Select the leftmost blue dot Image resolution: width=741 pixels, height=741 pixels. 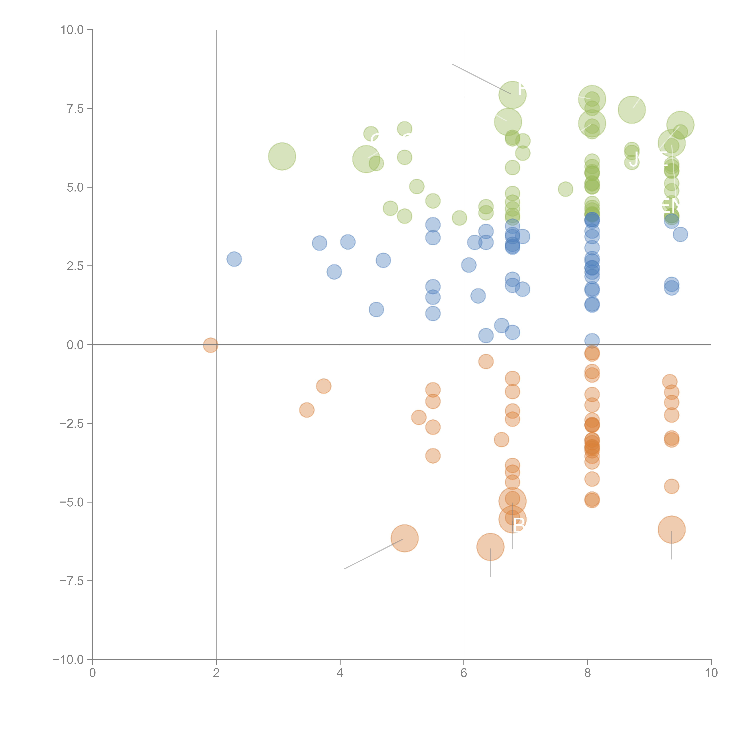coord(234,259)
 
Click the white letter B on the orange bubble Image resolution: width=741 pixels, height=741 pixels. coord(519,525)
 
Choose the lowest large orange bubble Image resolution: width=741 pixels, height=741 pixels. coord(490,547)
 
